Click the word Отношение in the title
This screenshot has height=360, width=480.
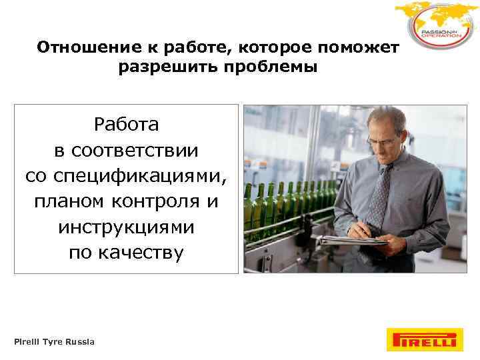79,47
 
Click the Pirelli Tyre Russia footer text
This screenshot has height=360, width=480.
54,342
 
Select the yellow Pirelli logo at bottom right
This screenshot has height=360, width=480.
421,339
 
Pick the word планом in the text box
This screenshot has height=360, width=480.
65,201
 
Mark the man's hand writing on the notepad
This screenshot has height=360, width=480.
365,230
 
